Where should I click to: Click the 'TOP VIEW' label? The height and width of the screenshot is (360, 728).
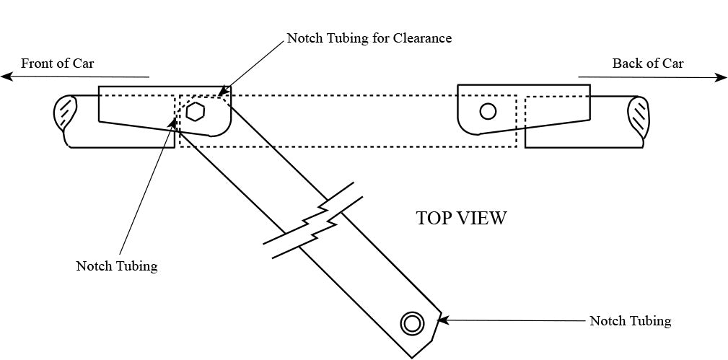pos(461,218)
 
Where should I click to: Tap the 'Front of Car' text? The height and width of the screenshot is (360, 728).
pos(57,63)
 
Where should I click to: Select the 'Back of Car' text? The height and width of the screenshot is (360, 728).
pos(647,63)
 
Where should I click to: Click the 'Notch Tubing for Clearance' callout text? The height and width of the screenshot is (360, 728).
pos(369,38)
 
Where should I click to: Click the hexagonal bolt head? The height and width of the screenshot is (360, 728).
pos(195,112)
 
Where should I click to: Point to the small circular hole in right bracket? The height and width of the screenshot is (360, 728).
pos(488,111)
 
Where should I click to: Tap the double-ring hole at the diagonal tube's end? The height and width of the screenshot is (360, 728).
pos(412,323)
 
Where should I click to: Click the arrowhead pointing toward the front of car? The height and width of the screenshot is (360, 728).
pos(5,76)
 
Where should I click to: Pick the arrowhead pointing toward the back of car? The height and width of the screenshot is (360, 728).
pos(721,78)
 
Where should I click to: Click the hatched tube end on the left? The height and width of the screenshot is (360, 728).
pos(66,112)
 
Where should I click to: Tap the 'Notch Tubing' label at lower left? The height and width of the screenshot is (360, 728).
pos(116,266)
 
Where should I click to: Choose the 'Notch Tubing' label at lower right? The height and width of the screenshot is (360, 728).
pos(630,321)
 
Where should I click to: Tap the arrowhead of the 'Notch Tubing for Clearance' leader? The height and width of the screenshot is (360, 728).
pos(222,92)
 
